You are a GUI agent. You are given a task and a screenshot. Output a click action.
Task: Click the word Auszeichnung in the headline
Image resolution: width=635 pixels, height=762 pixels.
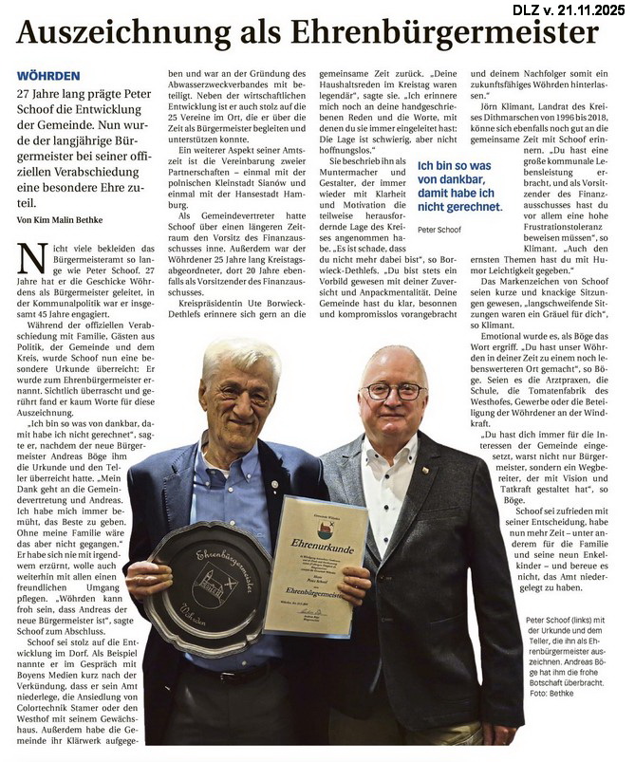pyautogui.click(x=124, y=34)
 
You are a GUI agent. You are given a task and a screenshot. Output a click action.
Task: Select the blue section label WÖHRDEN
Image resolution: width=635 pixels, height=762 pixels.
pyautogui.click(x=47, y=74)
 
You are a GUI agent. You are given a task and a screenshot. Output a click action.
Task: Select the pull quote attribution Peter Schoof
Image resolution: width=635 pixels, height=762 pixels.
pyautogui.click(x=440, y=231)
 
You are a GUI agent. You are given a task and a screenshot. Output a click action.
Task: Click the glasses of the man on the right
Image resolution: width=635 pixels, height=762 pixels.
pyautogui.click(x=394, y=391)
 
